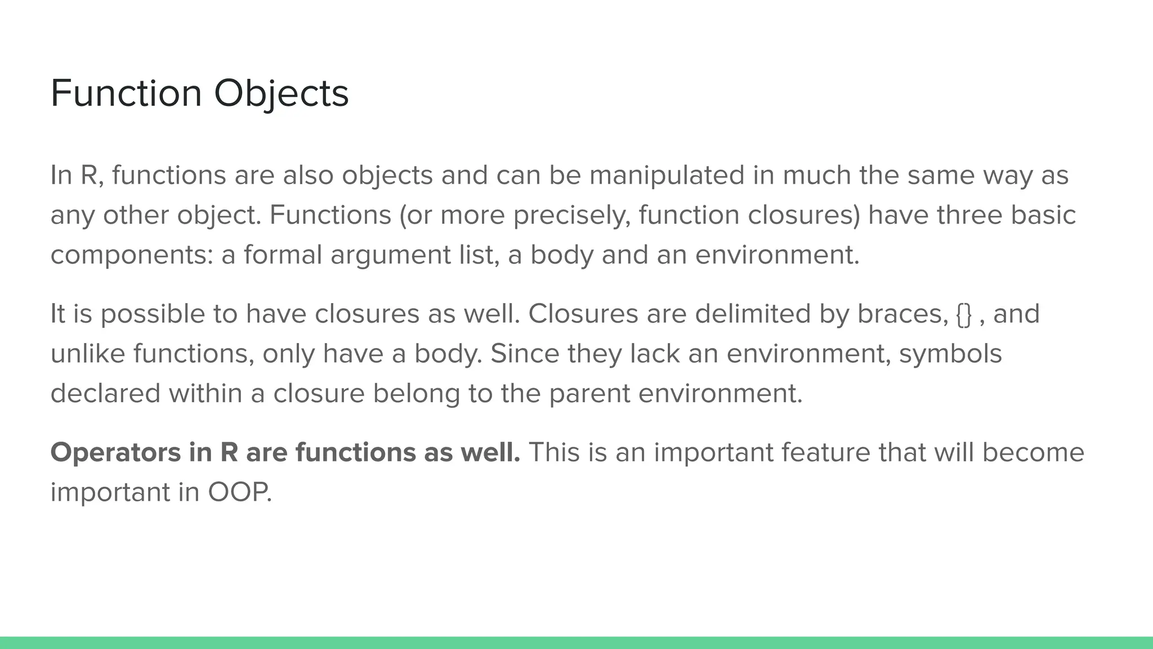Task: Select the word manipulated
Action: click(667, 175)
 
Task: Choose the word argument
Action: click(390, 255)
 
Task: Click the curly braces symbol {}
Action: click(964, 314)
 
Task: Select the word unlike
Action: click(88, 354)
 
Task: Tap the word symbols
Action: click(950, 354)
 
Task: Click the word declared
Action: click(105, 393)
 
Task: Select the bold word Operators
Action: click(115, 452)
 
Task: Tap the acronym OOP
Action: click(239, 492)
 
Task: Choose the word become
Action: click(1033, 452)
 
